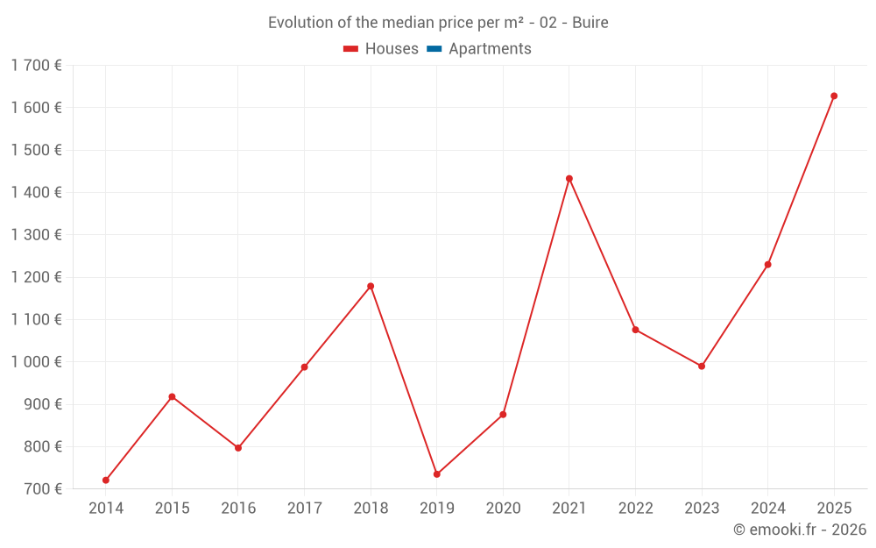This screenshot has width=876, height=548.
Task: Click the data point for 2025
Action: pos(834,96)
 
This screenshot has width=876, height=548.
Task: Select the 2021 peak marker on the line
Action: pos(569,179)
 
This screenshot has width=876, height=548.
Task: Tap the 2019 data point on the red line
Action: pos(437,474)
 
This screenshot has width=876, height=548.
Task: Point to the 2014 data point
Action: pos(106,480)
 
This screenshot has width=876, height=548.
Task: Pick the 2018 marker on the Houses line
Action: pos(371,286)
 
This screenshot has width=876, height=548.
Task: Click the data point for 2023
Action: pos(702,367)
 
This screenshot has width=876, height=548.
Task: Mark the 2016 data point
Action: pos(238,448)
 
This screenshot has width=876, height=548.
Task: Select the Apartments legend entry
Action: pos(490,49)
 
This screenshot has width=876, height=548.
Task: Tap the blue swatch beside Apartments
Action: pos(434,49)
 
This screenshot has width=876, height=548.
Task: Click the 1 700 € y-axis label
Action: pos(37,65)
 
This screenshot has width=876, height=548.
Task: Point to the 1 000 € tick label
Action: pos(37,362)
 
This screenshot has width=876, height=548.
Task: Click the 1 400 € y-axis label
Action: pos(37,192)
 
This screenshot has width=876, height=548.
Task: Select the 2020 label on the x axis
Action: pos(503,508)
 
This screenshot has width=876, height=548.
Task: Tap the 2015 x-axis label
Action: pos(172,508)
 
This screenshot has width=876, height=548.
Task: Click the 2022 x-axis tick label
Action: pos(635,508)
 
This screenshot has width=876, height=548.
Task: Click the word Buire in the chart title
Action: pos(590,22)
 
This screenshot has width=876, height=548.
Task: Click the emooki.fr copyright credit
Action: pos(799,530)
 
